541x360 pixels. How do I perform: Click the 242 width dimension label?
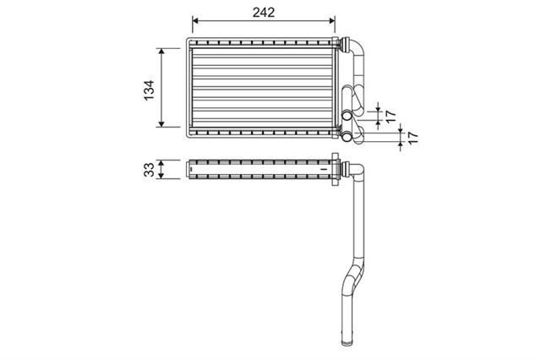coord(264,13)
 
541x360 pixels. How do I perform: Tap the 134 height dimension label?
coord(149,90)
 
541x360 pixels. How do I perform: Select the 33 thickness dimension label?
coord(149,170)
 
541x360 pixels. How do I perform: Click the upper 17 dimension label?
coord(391,117)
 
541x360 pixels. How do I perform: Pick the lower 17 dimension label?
coord(413,137)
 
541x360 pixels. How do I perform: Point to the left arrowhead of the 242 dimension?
coord(195,20)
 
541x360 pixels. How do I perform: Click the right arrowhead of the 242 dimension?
coord(332,20)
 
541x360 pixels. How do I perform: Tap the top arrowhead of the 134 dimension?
coord(161,52)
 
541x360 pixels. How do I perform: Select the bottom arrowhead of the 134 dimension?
coord(161,123)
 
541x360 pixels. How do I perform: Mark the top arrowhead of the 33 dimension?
coord(161,163)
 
